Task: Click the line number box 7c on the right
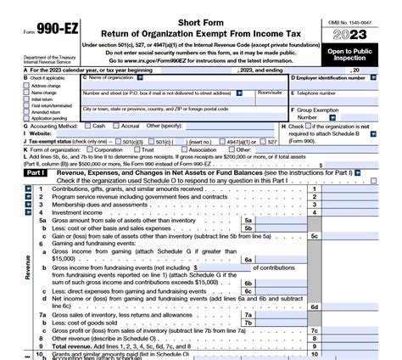pos(314,330)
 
